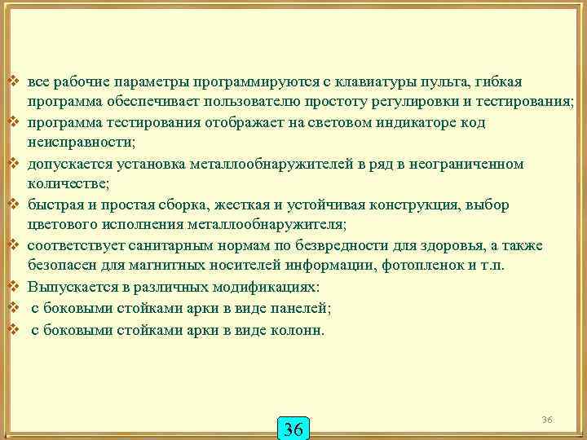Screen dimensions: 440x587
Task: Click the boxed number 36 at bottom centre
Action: tap(293, 429)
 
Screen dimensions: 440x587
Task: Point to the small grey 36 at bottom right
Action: tap(547, 419)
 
